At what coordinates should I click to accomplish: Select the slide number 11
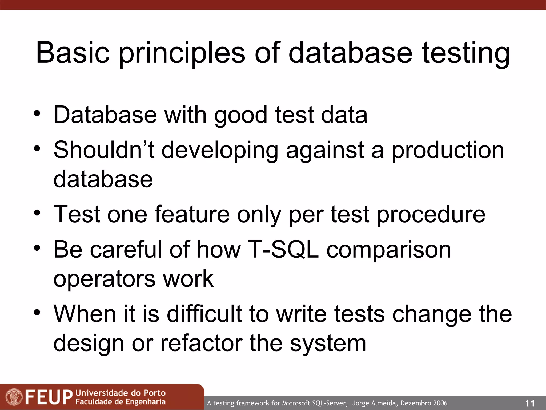click(530, 403)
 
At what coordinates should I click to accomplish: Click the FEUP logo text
click(49, 397)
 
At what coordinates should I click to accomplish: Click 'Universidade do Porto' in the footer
click(121, 393)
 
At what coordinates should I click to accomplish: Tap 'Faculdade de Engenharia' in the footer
click(121, 402)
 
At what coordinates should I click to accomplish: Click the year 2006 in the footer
click(440, 403)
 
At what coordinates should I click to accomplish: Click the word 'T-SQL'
click(283, 249)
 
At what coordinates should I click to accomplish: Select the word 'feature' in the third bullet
click(192, 214)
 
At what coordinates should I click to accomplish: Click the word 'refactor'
click(201, 343)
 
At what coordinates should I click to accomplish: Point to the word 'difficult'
click(204, 314)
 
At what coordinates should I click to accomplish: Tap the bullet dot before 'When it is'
click(37, 312)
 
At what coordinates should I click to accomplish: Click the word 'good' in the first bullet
click(240, 115)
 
